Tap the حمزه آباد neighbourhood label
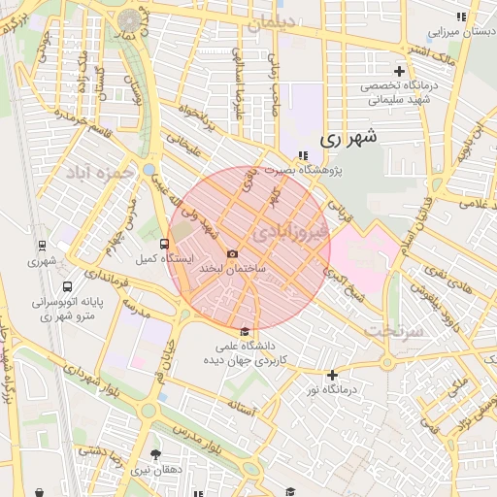click(x=98, y=172)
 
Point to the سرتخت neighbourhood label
click(x=396, y=330)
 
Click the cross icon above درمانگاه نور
click(x=332, y=375)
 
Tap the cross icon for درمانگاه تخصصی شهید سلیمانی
click(x=399, y=71)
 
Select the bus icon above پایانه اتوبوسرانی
click(x=67, y=287)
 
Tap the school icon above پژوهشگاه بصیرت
click(x=303, y=154)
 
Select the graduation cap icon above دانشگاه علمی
click(x=244, y=331)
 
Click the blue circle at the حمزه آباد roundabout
click(x=149, y=170)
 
